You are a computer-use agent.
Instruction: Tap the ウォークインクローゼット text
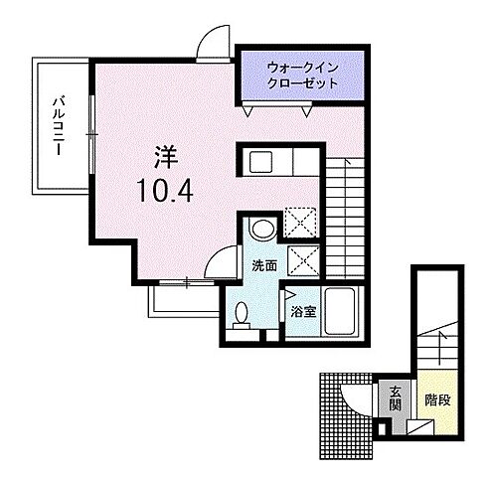(x=302, y=77)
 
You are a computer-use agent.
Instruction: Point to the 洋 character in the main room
(x=166, y=157)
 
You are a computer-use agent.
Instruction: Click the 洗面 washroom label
(x=264, y=266)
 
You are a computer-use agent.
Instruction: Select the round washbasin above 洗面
(x=262, y=230)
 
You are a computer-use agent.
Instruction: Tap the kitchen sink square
(x=261, y=161)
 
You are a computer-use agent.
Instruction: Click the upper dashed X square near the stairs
(x=299, y=222)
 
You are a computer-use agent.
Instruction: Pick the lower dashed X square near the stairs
(x=299, y=259)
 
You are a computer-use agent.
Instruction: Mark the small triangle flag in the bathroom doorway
(x=289, y=294)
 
